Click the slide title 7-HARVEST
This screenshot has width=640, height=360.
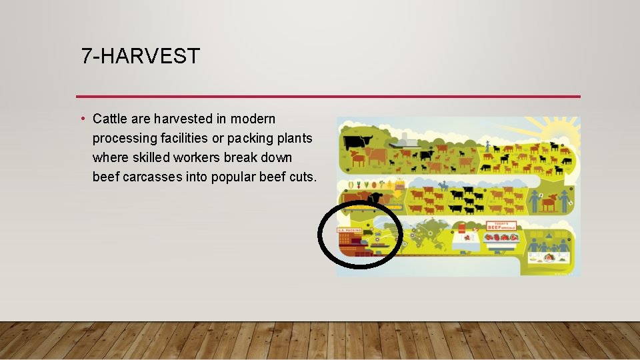[x=140, y=56]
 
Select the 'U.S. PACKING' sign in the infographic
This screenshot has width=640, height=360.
[x=350, y=231]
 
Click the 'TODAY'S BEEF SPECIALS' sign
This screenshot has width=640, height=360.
[x=500, y=226]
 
